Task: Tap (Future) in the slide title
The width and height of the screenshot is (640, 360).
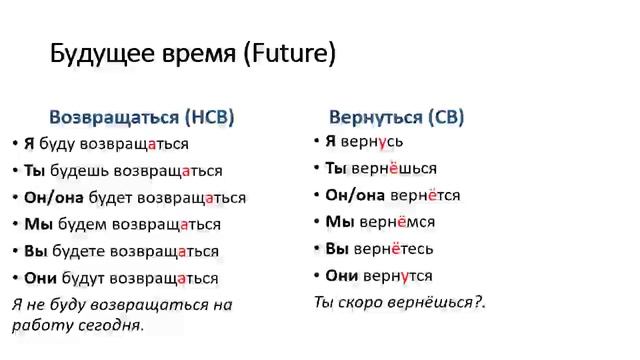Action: click(289, 54)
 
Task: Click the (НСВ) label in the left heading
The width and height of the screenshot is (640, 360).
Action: click(209, 117)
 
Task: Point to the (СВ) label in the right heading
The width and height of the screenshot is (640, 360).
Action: click(446, 117)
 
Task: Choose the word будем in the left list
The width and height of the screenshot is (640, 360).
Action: click(78, 224)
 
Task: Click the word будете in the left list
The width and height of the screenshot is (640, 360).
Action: click(78, 251)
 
